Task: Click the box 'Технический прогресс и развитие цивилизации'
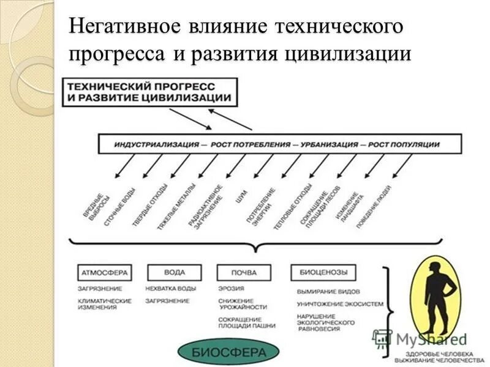[x=149, y=92]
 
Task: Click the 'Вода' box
[x=174, y=272]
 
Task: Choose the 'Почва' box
[x=244, y=272]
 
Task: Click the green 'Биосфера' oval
[x=229, y=352]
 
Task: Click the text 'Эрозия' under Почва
[x=231, y=288]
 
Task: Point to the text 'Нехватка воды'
[x=170, y=288]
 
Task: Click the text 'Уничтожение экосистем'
[x=340, y=304]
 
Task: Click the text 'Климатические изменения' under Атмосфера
[x=104, y=304]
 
